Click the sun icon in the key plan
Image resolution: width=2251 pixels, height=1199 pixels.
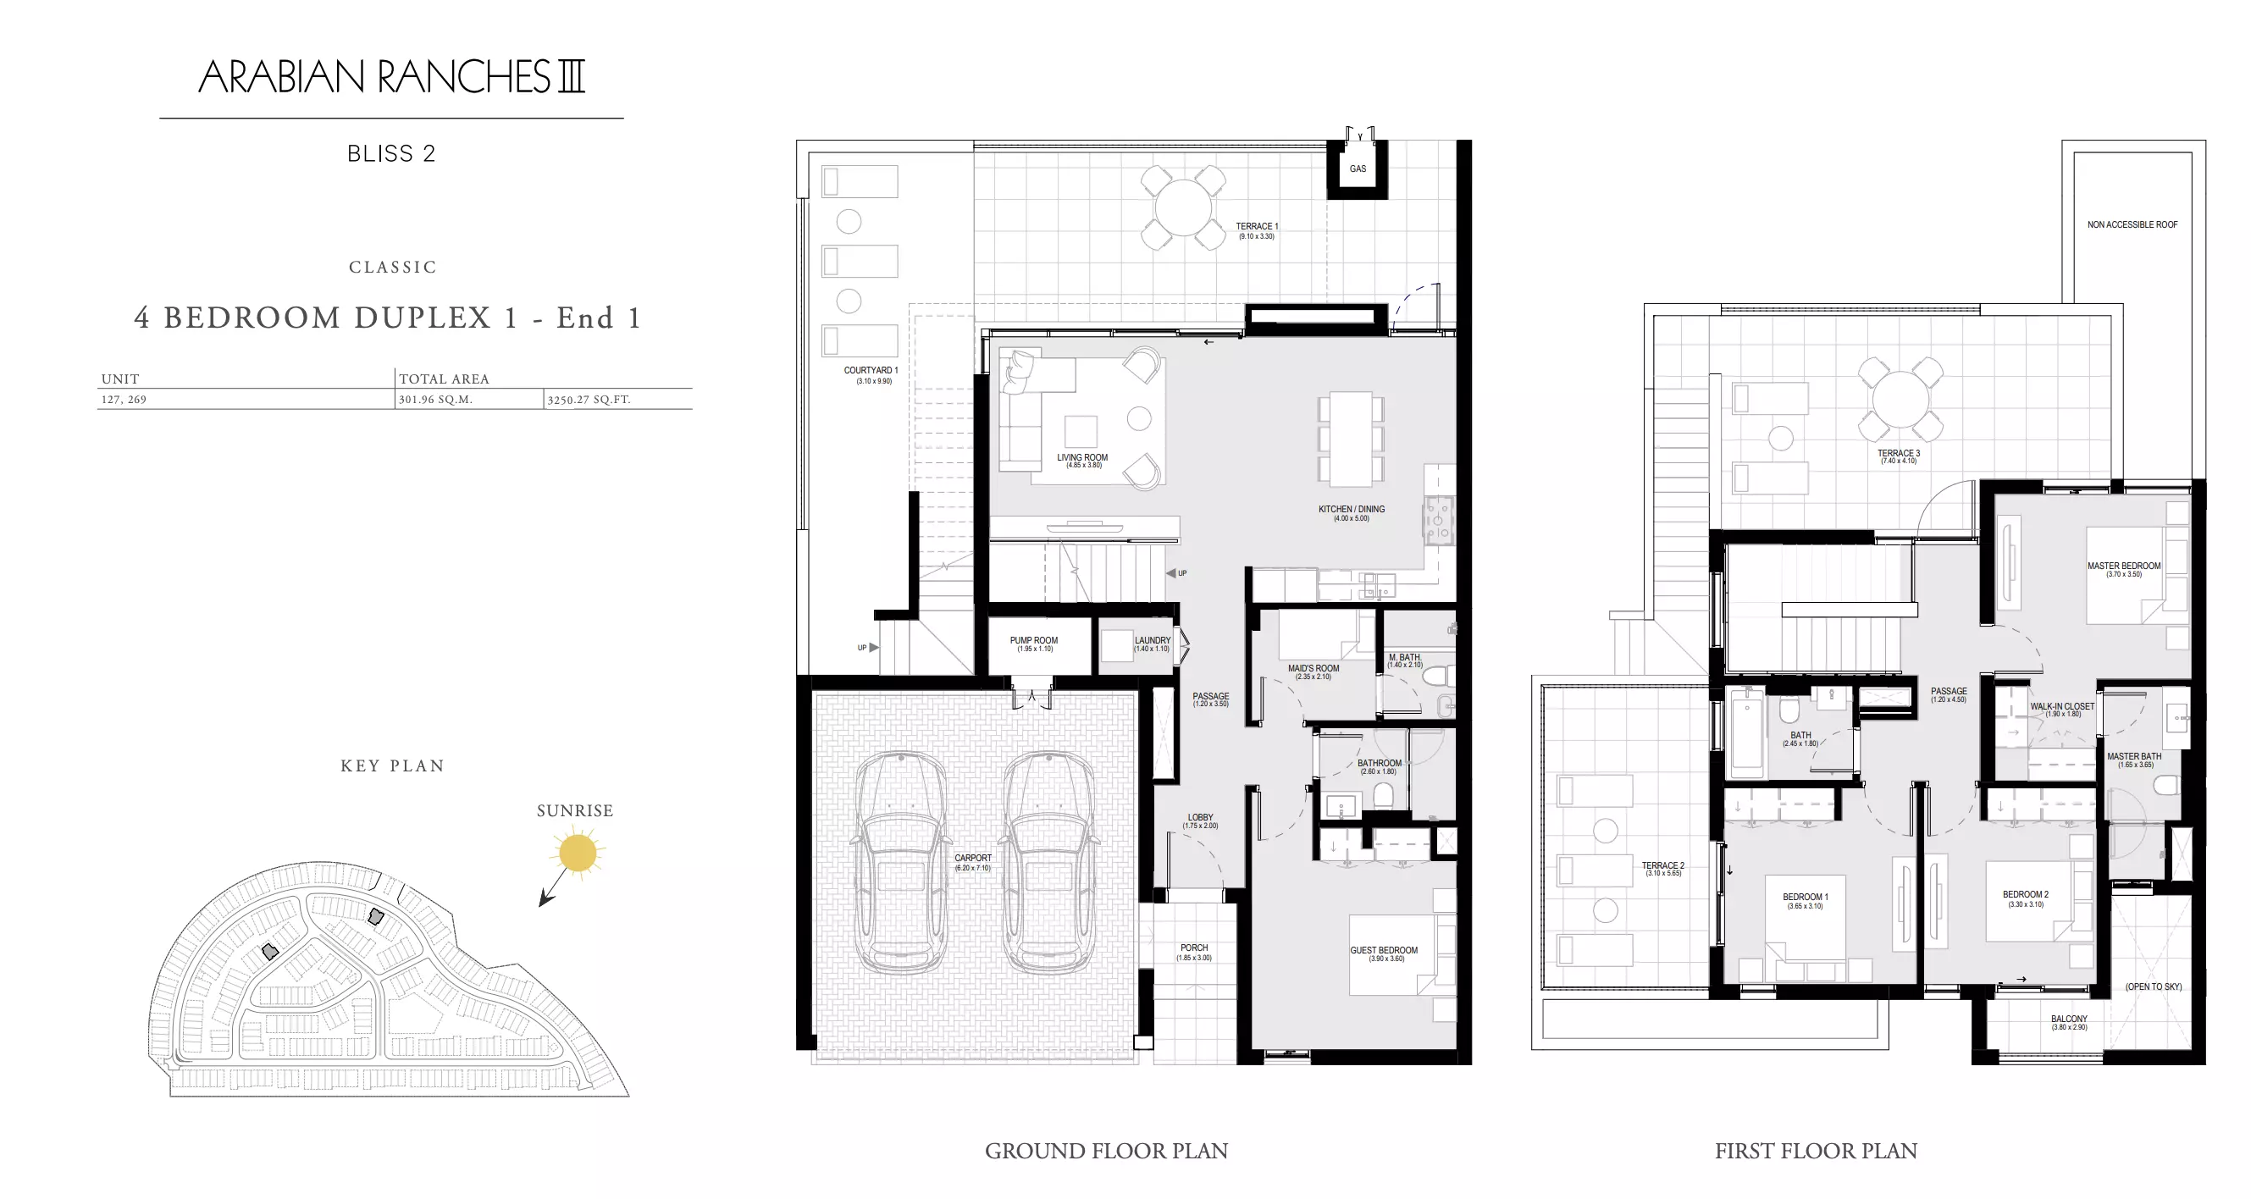(x=578, y=852)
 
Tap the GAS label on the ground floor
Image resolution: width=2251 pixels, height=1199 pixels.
(x=1358, y=169)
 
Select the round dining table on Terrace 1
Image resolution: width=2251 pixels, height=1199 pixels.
(x=1183, y=208)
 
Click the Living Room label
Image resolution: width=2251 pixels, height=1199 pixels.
(x=1081, y=458)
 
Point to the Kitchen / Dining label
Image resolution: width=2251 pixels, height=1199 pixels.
(x=1351, y=510)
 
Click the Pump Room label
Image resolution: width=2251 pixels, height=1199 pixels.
(x=1034, y=641)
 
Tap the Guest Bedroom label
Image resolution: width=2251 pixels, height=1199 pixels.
(x=1384, y=951)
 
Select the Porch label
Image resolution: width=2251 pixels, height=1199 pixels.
(x=1193, y=948)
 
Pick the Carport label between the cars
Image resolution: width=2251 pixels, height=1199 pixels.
(x=972, y=858)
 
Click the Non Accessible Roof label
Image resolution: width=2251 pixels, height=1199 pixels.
(x=2132, y=224)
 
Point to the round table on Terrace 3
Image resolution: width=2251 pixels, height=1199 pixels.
(x=1900, y=399)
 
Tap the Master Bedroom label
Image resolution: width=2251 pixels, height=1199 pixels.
(x=2123, y=566)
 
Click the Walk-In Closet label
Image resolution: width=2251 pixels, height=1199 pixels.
(x=2062, y=706)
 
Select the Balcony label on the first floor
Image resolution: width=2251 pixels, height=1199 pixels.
(x=2068, y=1019)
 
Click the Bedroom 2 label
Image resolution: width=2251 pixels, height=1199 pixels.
(x=2026, y=895)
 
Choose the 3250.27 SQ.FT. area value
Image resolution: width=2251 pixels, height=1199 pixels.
(x=589, y=400)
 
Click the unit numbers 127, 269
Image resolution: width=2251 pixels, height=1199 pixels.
(x=124, y=400)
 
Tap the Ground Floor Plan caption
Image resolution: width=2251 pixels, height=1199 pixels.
(x=1106, y=1151)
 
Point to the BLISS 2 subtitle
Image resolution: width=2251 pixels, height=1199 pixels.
(x=391, y=154)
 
